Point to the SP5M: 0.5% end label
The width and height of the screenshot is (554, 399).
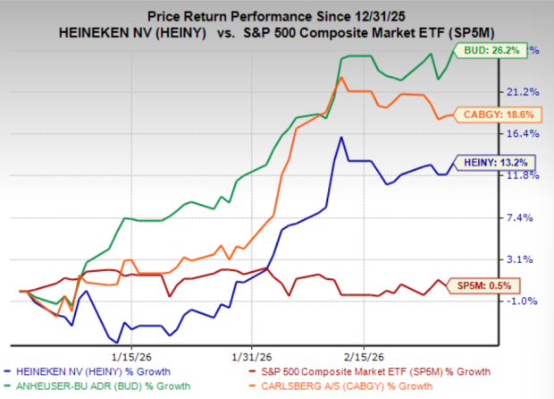coord(488,285)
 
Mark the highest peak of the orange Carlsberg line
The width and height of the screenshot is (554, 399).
coord(340,78)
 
